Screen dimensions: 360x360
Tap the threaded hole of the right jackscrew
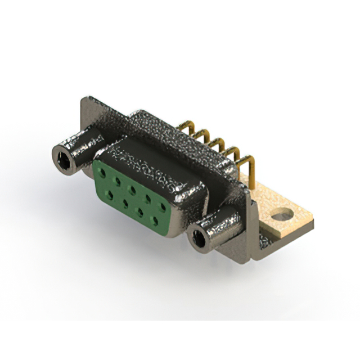point(199,239)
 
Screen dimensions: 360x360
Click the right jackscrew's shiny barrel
point(222,225)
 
